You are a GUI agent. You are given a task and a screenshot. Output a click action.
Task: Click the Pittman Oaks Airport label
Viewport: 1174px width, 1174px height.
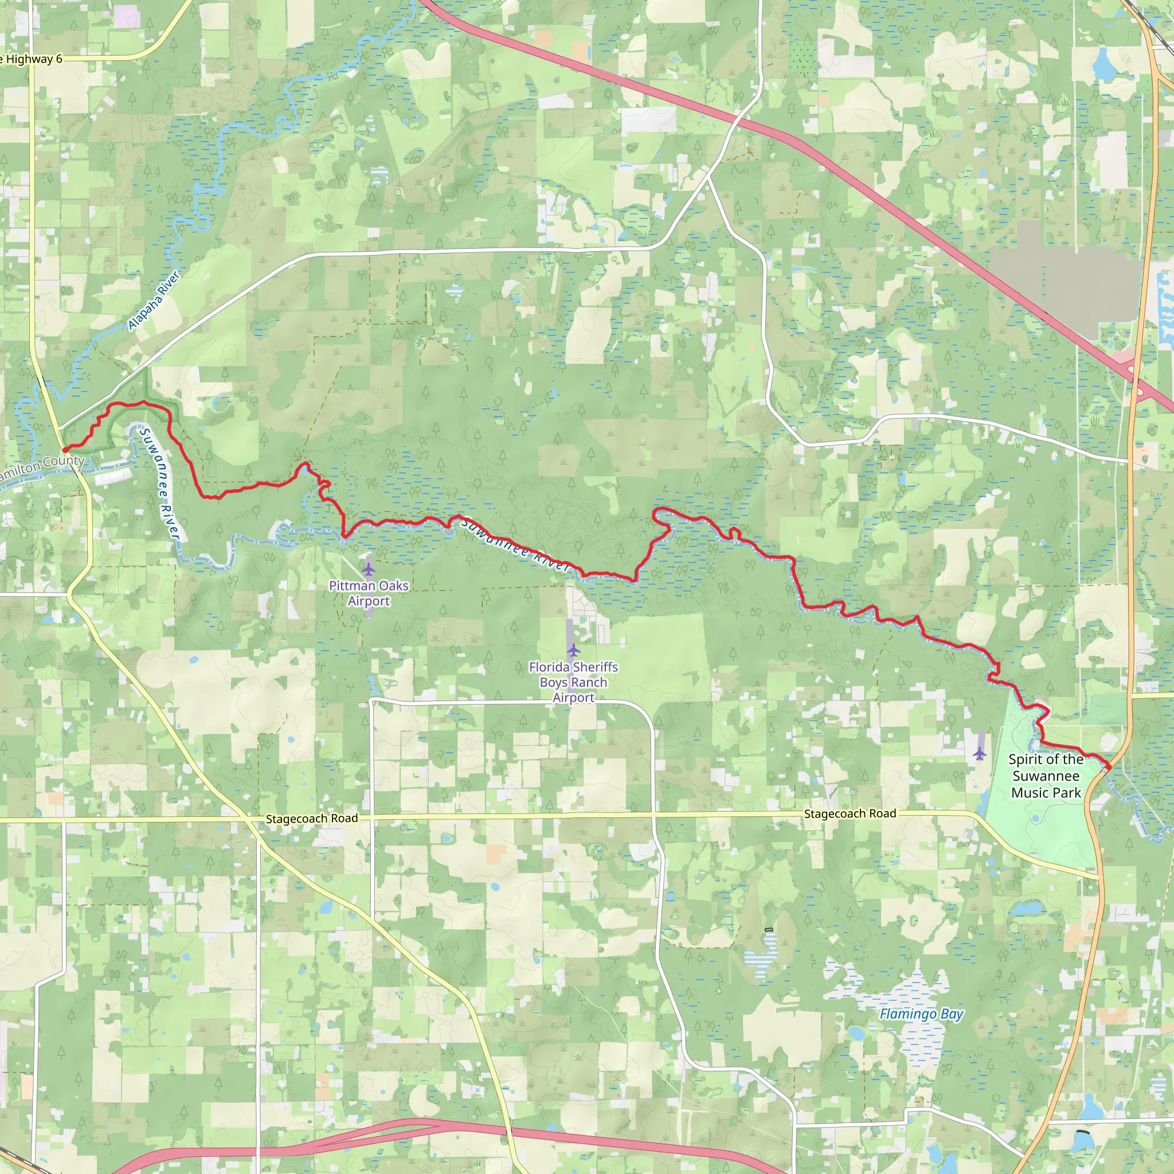coord(369,593)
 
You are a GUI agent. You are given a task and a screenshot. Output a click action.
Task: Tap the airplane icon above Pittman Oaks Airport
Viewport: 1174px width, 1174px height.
coord(369,569)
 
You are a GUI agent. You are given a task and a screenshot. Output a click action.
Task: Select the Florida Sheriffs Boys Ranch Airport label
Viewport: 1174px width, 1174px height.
coord(573,682)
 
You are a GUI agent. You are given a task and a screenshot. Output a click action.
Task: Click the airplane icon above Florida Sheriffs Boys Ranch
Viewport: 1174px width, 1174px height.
coord(574,651)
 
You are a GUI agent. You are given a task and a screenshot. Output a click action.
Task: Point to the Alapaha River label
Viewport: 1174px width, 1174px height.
coord(154,301)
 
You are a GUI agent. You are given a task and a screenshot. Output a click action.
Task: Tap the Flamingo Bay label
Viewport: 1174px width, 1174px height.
coord(921,1013)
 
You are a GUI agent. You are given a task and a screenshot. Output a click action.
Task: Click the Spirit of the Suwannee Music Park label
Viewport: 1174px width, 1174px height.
coord(1046,776)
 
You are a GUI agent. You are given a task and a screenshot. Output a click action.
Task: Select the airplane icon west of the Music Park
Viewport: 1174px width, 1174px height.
coord(979,753)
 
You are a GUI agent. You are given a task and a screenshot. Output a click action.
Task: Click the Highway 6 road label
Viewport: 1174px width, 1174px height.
coord(32,59)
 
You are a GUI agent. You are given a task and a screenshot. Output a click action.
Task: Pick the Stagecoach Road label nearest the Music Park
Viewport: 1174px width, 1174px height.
coord(850,813)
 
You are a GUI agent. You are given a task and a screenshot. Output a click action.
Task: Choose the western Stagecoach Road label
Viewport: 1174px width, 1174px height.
coord(312,819)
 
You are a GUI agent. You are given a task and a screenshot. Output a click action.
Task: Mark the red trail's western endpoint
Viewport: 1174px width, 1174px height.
coord(65,449)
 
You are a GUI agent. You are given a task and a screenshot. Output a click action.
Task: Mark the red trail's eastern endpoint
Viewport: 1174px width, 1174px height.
coord(1109,767)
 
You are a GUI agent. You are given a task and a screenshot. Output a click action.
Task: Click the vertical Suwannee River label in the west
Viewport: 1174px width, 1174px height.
coord(161,484)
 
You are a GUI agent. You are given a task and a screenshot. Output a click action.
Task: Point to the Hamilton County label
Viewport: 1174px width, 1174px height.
coord(41,466)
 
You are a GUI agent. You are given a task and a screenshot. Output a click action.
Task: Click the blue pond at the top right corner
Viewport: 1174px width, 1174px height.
coord(1101,64)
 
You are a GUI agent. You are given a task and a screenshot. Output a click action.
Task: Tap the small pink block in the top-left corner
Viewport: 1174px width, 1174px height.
coord(126,16)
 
